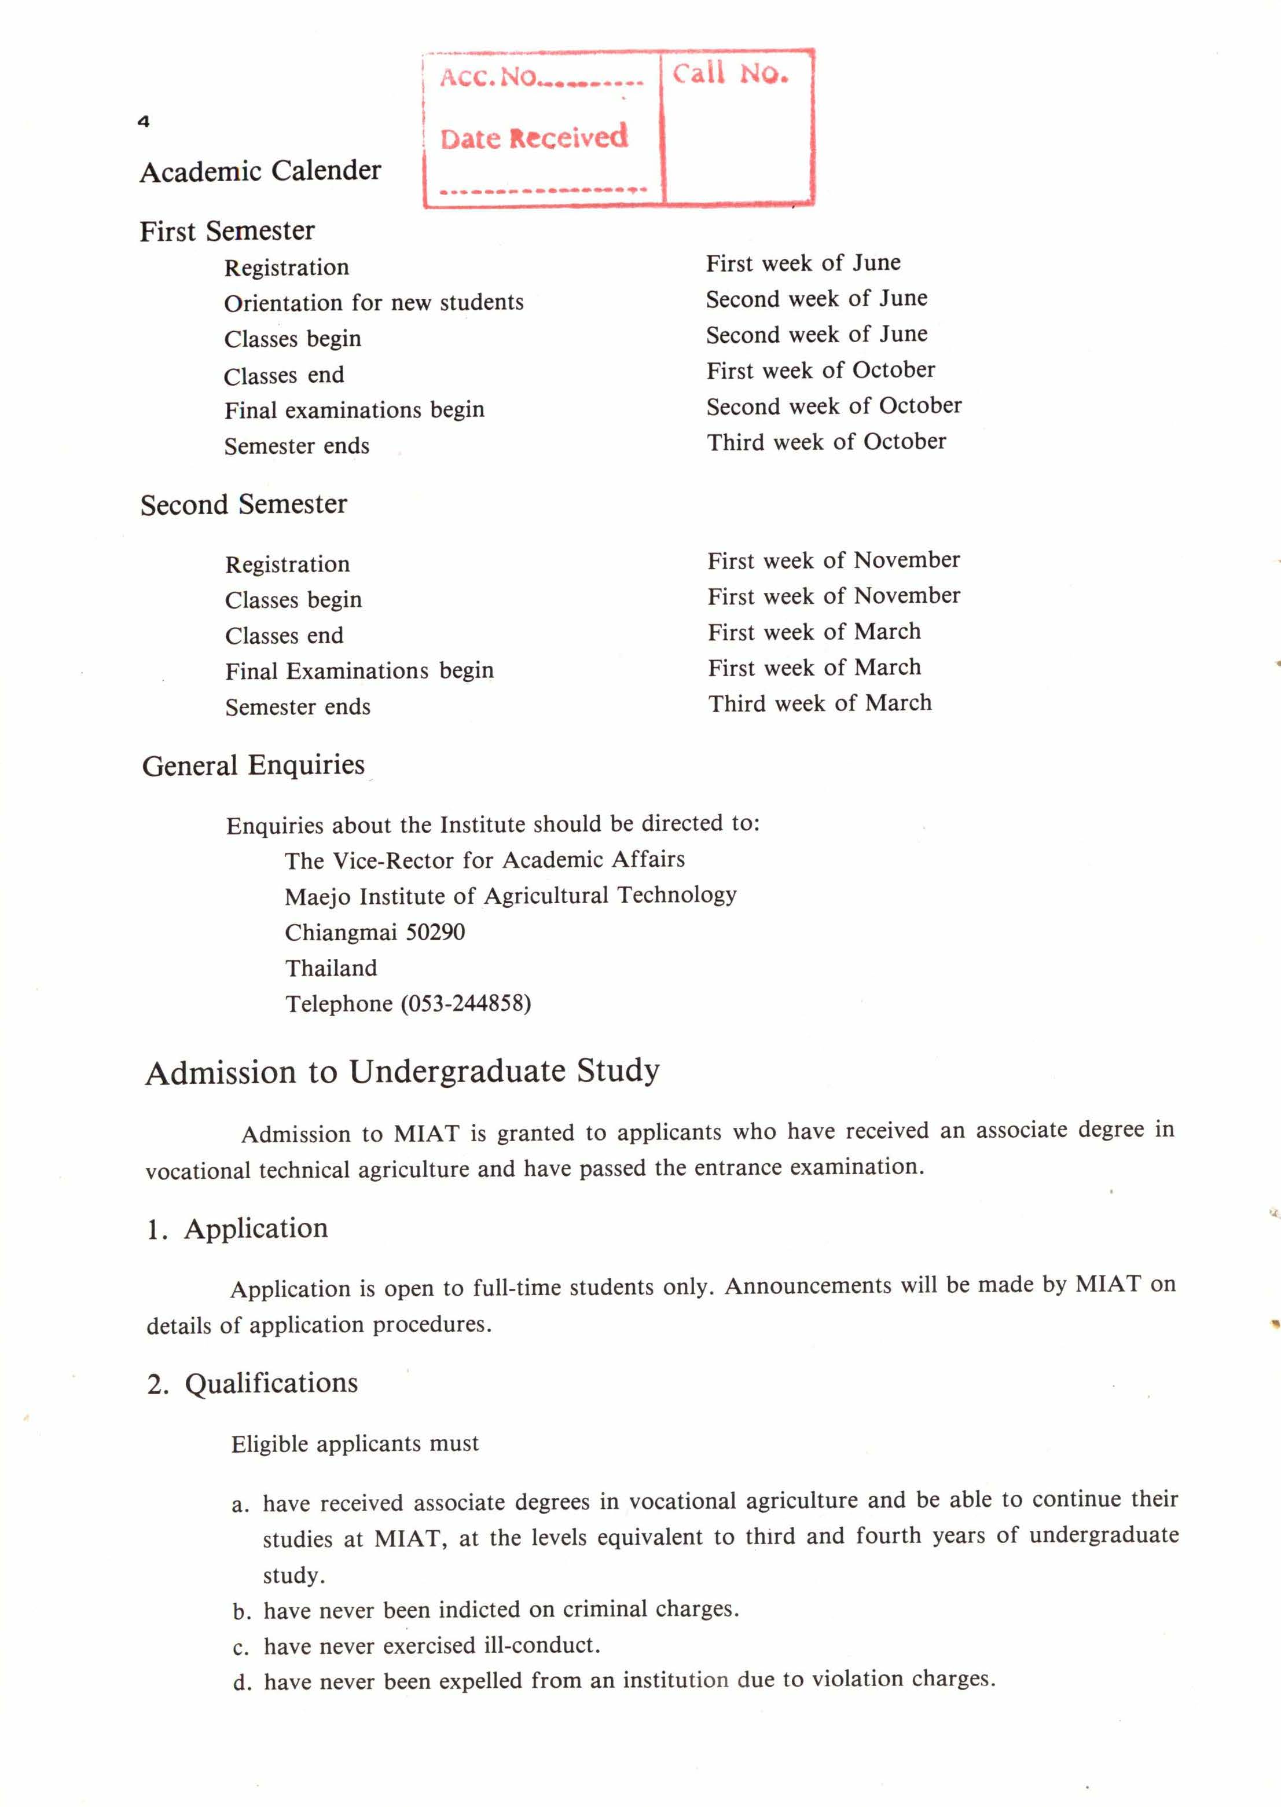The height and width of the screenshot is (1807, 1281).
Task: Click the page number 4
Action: [144, 122]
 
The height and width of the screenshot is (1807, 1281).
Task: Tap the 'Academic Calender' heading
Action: [260, 171]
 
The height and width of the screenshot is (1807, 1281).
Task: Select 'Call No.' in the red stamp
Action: [729, 74]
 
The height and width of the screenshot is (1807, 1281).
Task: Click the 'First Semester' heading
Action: [227, 231]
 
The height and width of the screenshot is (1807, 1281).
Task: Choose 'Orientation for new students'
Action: [374, 303]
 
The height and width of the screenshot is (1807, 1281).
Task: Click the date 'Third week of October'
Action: [826, 442]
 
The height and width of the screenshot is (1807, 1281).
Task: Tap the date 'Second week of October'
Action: [834, 406]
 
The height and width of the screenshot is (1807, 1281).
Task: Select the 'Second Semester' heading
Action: [244, 505]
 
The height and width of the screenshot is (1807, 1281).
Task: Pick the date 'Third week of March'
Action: [820, 703]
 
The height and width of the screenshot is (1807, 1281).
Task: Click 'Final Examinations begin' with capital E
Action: [359, 671]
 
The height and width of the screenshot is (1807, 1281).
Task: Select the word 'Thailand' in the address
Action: [331, 969]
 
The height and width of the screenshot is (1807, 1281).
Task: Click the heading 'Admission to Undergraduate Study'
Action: [402, 1072]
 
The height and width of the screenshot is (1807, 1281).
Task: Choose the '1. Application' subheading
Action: [237, 1229]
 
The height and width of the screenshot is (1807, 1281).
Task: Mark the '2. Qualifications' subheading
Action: [252, 1383]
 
